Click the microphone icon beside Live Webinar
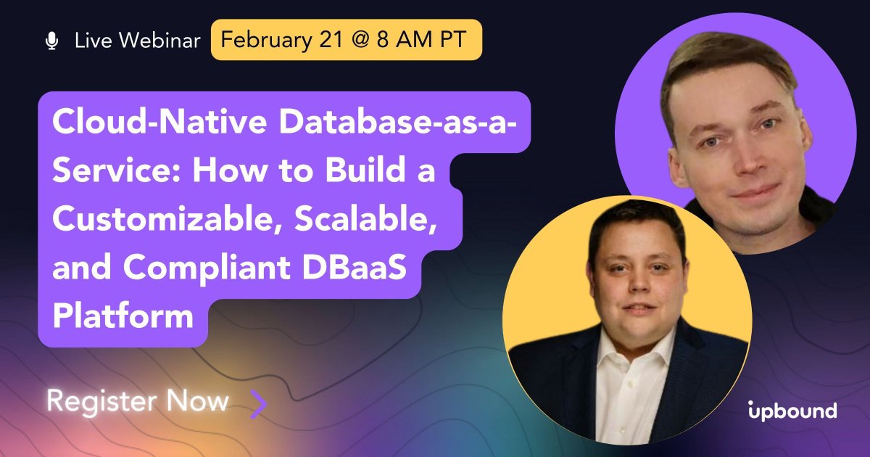[51, 41]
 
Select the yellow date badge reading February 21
[346, 39]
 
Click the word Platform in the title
[123, 316]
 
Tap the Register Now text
[138, 401]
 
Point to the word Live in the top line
[91, 41]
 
